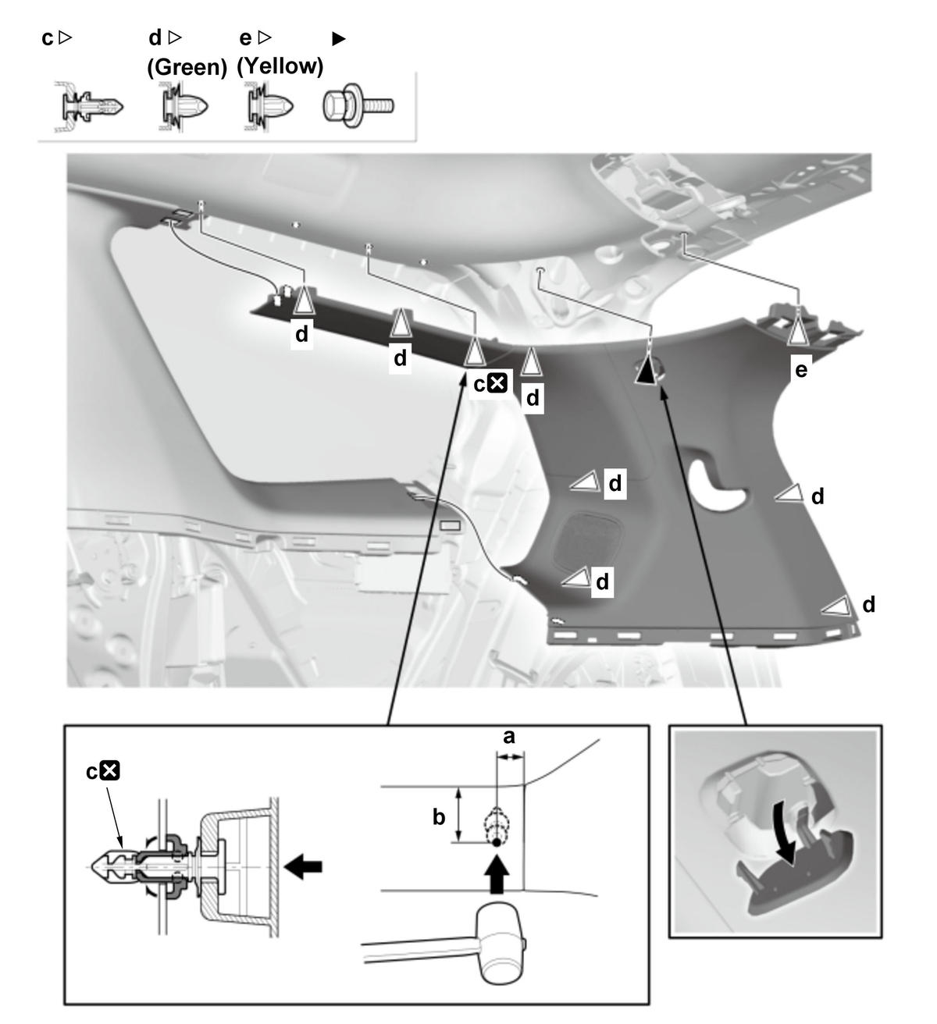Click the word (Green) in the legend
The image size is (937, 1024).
(187, 67)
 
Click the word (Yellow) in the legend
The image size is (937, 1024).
(280, 66)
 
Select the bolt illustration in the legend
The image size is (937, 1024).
(358, 105)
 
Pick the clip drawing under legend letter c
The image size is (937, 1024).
(89, 107)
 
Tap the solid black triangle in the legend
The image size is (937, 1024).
(339, 39)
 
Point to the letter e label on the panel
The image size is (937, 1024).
(800, 369)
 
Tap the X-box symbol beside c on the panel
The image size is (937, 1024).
(497, 383)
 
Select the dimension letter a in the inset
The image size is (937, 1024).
(509, 737)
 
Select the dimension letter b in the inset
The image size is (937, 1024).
(439, 817)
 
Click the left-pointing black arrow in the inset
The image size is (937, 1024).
(304, 866)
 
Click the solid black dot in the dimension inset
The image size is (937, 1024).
(496, 842)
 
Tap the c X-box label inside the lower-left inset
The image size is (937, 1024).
(103, 771)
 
